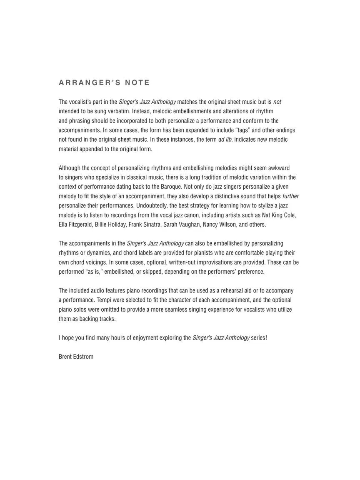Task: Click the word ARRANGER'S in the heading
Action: pyautogui.click(x=87, y=82)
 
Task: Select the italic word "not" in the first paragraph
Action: pyautogui.click(x=277, y=102)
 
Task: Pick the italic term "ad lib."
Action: pyautogui.click(x=225, y=140)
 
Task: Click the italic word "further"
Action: pyautogui.click(x=290, y=196)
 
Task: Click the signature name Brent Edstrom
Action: pyautogui.click(x=76, y=357)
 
